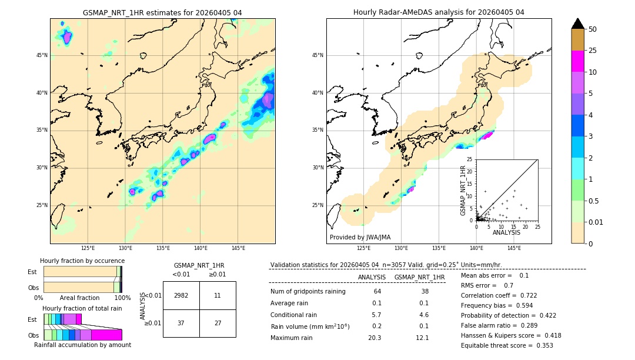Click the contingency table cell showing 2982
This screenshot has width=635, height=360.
click(x=181, y=295)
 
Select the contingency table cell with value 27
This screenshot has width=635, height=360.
click(x=218, y=323)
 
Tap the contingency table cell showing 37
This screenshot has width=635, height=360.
click(x=181, y=323)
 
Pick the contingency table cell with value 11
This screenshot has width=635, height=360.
click(x=218, y=295)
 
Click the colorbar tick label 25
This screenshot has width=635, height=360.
click(x=593, y=51)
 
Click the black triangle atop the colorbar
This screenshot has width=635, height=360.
click(x=578, y=24)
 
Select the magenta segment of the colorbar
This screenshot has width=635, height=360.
click(x=578, y=61)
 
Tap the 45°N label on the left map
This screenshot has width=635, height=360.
click(x=42, y=55)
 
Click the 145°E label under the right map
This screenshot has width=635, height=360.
click(x=514, y=249)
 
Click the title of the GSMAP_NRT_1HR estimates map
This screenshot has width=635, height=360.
click(x=162, y=12)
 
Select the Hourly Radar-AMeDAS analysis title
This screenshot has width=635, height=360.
click(x=439, y=12)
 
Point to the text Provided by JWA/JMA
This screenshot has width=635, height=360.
click(x=360, y=238)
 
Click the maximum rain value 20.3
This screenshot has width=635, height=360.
click(x=376, y=338)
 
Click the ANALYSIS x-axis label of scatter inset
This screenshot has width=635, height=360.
click(x=506, y=232)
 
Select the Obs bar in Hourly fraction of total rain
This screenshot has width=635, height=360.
click(x=82, y=335)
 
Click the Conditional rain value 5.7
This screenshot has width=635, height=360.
click(x=376, y=315)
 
